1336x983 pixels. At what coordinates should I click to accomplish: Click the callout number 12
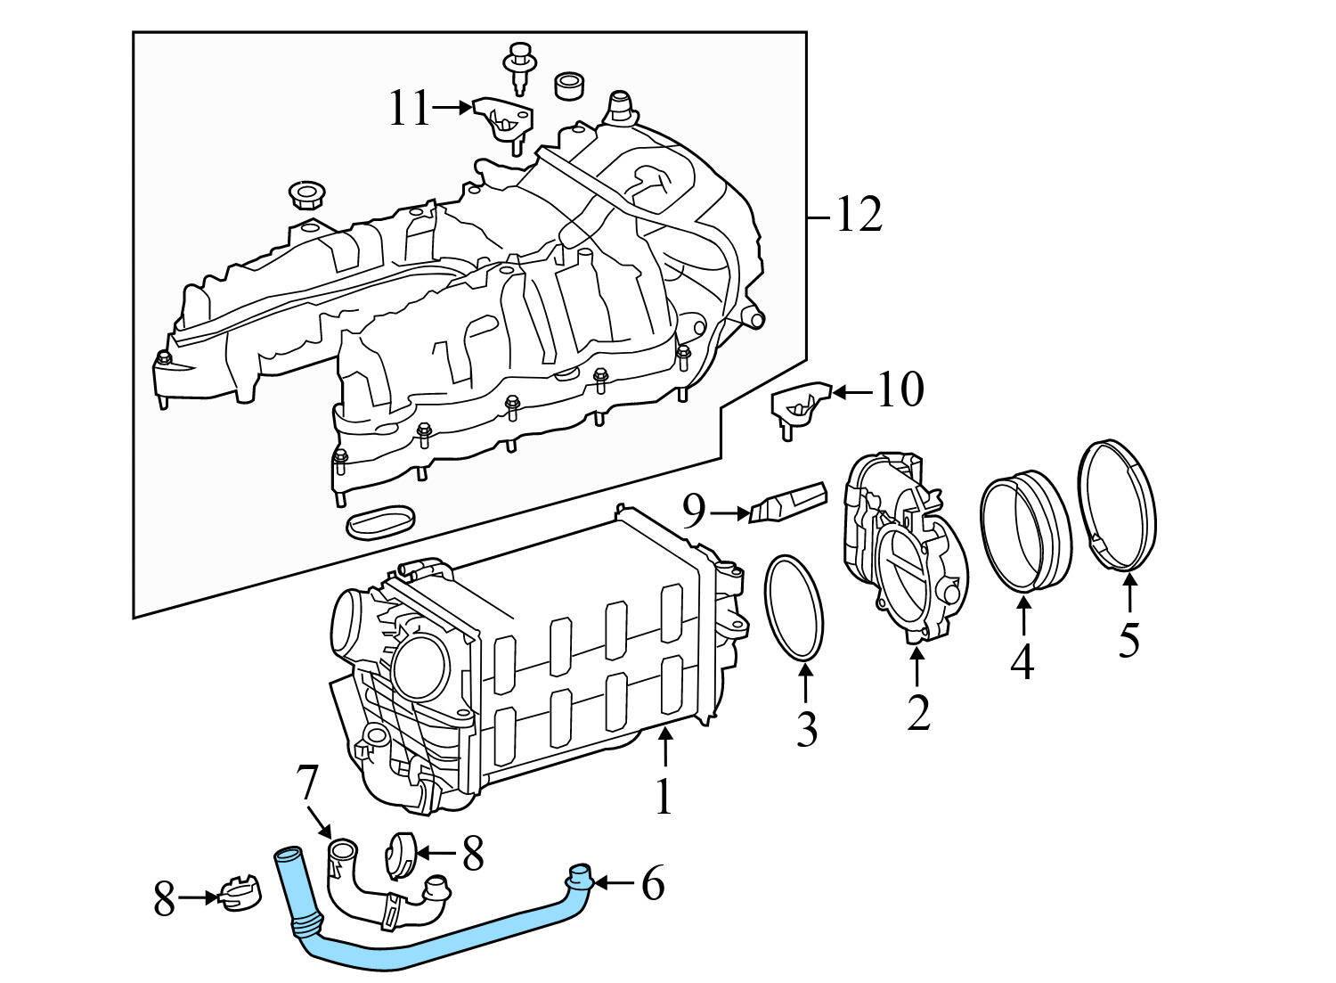click(x=859, y=216)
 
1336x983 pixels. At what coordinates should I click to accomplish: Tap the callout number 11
click(x=409, y=110)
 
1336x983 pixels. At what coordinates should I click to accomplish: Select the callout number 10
click(x=900, y=390)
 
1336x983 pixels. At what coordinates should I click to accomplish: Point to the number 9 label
click(x=695, y=512)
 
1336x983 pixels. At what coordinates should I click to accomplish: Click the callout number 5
click(x=1128, y=640)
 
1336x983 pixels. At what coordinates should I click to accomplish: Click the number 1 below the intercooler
click(x=663, y=797)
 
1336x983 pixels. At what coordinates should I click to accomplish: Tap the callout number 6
click(x=653, y=884)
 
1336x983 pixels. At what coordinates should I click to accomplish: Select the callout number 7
click(x=306, y=782)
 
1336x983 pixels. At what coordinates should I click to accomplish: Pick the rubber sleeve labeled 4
click(x=1024, y=532)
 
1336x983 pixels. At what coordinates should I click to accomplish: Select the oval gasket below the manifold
click(x=379, y=522)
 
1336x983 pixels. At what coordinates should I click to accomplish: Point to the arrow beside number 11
click(x=452, y=108)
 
